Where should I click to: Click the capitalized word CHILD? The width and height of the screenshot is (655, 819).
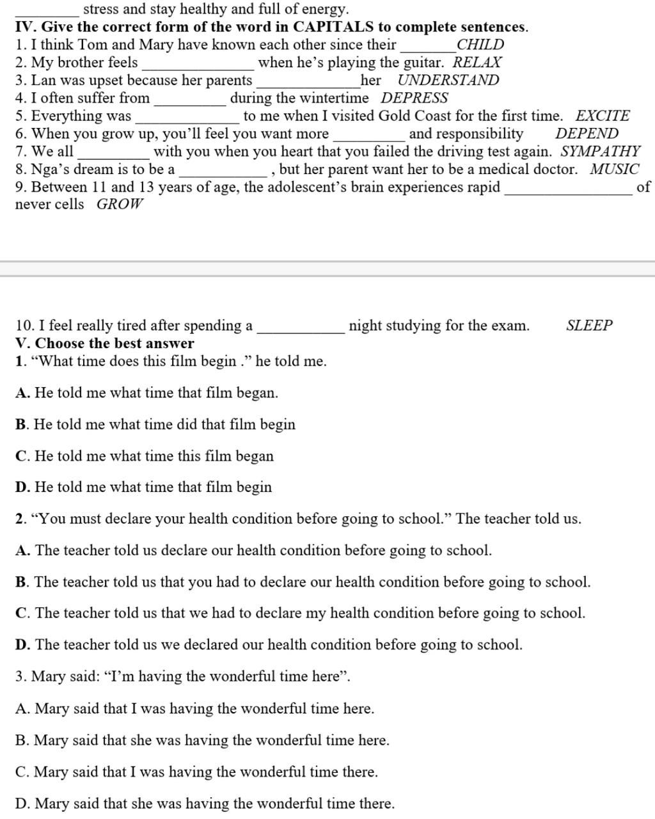[x=480, y=45]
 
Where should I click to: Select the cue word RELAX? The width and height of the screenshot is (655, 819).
[x=477, y=63]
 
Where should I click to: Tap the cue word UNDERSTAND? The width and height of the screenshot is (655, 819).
[x=448, y=81]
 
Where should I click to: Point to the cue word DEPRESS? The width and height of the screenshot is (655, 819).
[x=414, y=99]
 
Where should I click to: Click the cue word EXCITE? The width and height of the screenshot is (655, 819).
[x=602, y=116]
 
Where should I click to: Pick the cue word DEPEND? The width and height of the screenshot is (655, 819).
[x=587, y=134]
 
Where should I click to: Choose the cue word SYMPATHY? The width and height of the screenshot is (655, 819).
[x=600, y=152]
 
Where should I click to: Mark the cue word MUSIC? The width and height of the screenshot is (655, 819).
[x=614, y=170]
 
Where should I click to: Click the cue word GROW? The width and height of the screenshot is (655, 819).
[x=120, y=205]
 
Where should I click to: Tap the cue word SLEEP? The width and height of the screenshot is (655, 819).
[x=589, y=326]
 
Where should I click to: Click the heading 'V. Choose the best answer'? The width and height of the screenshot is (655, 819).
[x=104, y=343]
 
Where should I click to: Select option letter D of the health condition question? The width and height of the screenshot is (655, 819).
[x=22, y=644]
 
